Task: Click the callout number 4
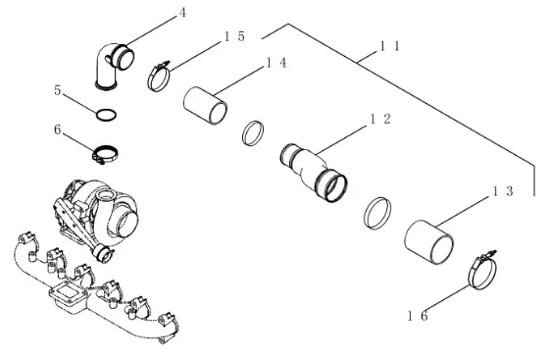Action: pos(182,13)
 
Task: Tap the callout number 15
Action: pos(234,36)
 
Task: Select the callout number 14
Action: pos(276,63)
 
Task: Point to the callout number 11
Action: pos(390,46)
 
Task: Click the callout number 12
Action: pos(380,120)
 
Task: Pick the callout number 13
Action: pos(503,191)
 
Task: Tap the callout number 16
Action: pos(418,316)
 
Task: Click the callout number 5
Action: pos(58,90)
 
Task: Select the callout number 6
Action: pos(58,129)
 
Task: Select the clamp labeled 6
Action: pos(105,154)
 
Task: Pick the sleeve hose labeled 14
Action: pos(205,105)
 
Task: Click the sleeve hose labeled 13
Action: pos(428,242)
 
